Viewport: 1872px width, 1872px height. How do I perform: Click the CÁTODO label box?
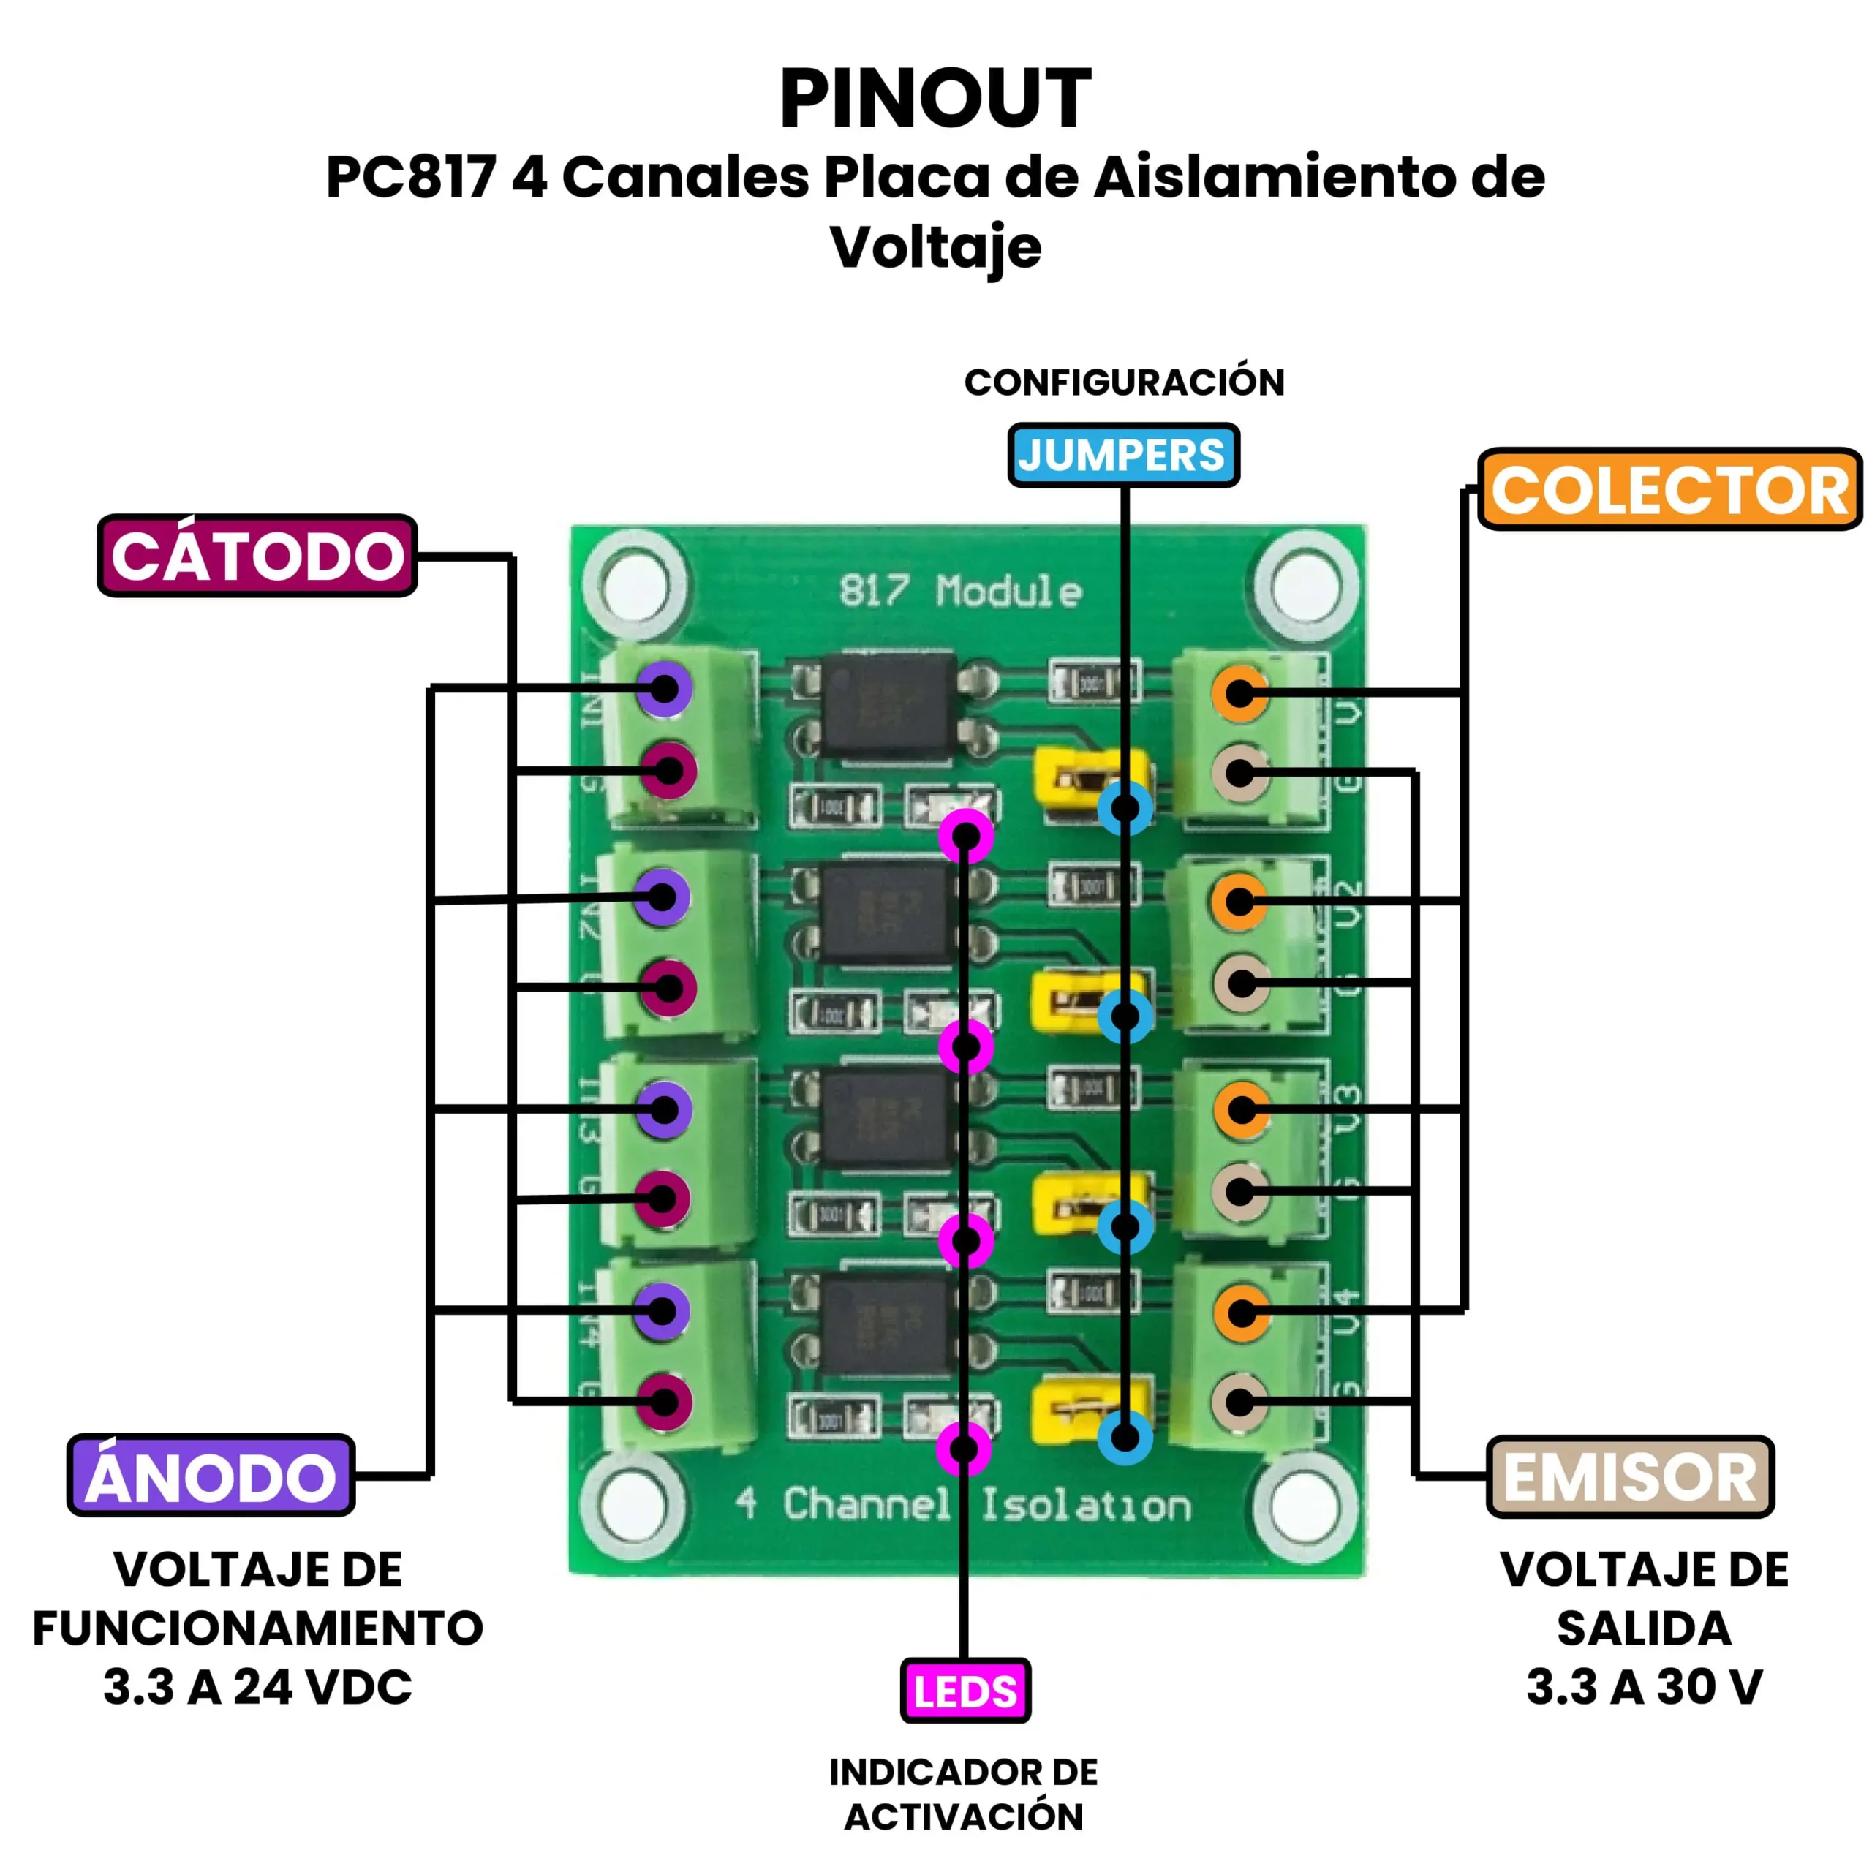pyautogui.click(x=257, y=556)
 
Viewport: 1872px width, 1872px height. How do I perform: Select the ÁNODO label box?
pyautogui.click(x=211, y=1476)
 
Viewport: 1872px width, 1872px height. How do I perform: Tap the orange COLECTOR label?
pyautogui.click(x=1669, y=489)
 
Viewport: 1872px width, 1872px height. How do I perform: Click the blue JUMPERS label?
pyautogui.click(x=1123, y=454)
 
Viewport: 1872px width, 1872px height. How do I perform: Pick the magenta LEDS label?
pyautogui.click(x=965, y=1691)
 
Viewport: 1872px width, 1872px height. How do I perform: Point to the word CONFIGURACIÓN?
pyautogui.click(x=1124, y=382)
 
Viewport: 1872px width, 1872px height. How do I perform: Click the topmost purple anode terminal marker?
pyautogui.click(x=665, y=689)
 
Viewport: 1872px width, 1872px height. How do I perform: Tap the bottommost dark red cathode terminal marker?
pyautogui.click(x=665, y=1401)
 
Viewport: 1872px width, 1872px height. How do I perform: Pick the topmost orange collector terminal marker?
pyautogui.click(x=1240, y=692)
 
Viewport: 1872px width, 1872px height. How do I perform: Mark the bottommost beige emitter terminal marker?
pyautogui.click(x=1240, y=1401)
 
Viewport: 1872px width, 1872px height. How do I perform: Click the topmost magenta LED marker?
pyautogui.click(x=966, y=834)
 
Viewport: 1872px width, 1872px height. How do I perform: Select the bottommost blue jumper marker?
pyautogui.click(x=1125, y=1437)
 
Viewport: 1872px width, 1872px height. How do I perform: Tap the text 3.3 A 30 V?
pyautogui.click(x=1645, y=1687)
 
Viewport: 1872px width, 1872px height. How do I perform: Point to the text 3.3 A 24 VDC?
pyautogui.click(x=257, y=1687)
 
